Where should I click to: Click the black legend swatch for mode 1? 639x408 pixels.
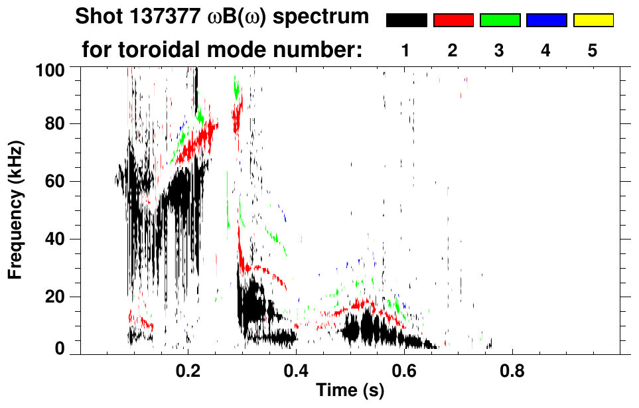[406, 21]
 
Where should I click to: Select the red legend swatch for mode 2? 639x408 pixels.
[453, 21]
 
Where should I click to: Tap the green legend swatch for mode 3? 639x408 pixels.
[500, 21]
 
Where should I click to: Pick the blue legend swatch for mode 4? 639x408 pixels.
[546, 21]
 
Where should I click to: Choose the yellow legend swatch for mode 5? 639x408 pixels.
[593, 21]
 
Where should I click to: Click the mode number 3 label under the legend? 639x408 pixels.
[500, 51]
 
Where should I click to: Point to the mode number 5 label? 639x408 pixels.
[593, 51]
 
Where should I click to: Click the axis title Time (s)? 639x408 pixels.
[349, 391]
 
